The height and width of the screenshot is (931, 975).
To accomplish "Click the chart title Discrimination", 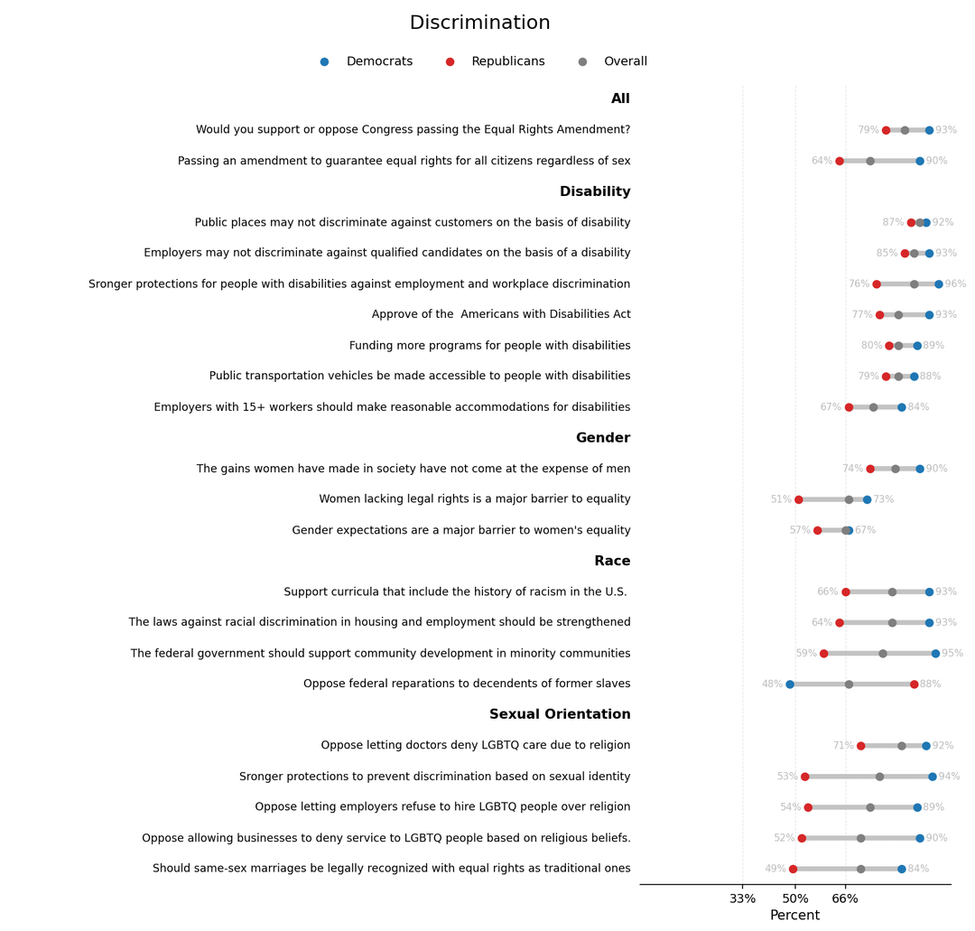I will pyautogui.click(x=479, y=23).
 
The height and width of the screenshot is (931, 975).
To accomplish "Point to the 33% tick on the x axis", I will pyautogui.click(x=743, y=899).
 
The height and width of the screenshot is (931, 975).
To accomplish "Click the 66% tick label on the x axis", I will pyautogui.click(x=845, y=899).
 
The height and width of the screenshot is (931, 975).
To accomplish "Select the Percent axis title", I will pyautogui.click(x=794, y=916).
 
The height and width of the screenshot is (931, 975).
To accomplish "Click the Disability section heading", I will pyautogui.click(x=595, y=192).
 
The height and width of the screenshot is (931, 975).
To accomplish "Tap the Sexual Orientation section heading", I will pyautogui.click(x=560, y=715).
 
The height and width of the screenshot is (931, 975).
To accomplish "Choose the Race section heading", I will pyautogui.click(x=612, y=562).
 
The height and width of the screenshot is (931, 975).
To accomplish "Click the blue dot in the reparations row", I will pyautogui.click(x=790, y=684).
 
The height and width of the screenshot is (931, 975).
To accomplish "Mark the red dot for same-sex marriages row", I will pyautogui.click(x=793, y=869).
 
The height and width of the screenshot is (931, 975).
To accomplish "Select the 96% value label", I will pyautogui.click(x=955, y=284).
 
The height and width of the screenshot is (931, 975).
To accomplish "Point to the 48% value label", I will pyautogui.click(x=772, y=684).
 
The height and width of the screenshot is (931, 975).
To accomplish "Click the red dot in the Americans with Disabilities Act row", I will pyautogui.click(x=879, y=315).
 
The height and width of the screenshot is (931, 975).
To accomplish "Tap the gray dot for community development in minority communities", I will pyautogui.click(x=883, y=654).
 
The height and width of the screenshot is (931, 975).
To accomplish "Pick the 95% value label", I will pyautogui.click(x=952, y=654).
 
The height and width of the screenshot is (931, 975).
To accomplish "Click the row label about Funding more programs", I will pyautogui.click(x=489, y=346).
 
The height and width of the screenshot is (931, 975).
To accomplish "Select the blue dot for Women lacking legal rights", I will pyautogui.click(x=867, y=499).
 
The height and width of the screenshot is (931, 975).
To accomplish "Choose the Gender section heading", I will pyautogui.click(x=603, y=439).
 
